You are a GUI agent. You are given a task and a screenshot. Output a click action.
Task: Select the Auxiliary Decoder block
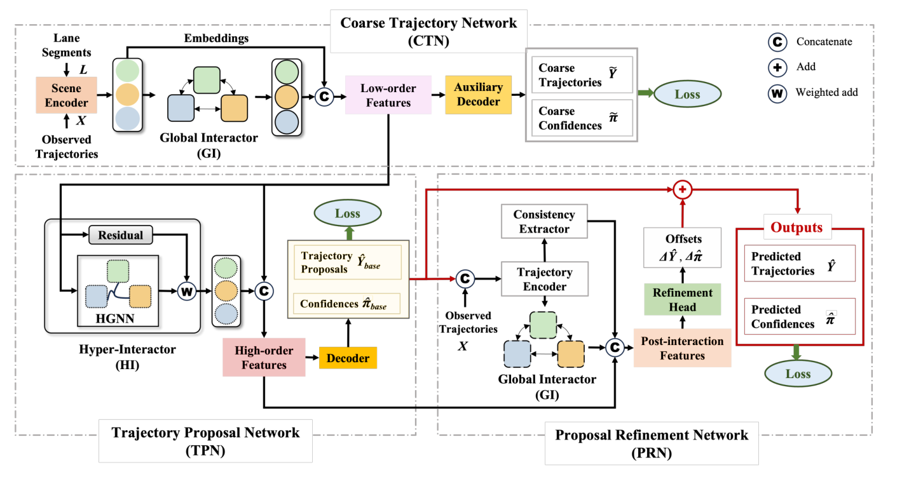(x=479, y=95)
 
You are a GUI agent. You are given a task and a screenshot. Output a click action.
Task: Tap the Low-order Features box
(x=388, y=95)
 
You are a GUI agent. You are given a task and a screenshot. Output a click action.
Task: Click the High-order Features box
(x=264, y=357)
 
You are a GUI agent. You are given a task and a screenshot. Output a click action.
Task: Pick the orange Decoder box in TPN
(x=348, y=358)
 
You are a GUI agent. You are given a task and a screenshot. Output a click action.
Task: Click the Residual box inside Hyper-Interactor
(x=120, y=235)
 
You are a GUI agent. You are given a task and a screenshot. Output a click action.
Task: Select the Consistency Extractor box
(x=544, y=222)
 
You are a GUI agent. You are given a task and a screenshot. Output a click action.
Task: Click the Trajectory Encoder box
(x=543, y=280)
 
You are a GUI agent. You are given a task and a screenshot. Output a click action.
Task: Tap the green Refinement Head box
(x=682, y=299)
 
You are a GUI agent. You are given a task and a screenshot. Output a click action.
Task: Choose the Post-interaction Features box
(x=682, y=348)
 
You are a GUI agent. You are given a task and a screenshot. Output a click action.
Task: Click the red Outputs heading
(x=796, y=227)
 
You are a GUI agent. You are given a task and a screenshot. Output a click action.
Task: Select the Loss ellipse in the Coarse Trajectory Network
(x=687, y=95)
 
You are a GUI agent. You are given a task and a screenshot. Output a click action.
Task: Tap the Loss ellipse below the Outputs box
(x=798, y=374)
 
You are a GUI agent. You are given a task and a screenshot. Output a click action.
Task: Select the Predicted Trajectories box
(x=799, y=264)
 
